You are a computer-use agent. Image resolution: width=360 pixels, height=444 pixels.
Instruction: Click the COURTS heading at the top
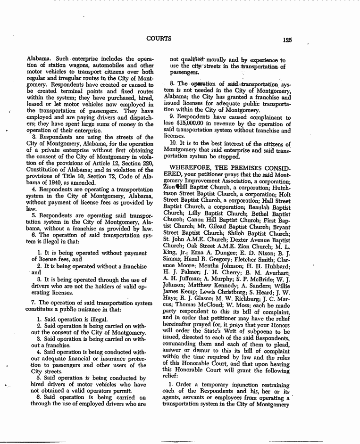click(159, 39)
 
